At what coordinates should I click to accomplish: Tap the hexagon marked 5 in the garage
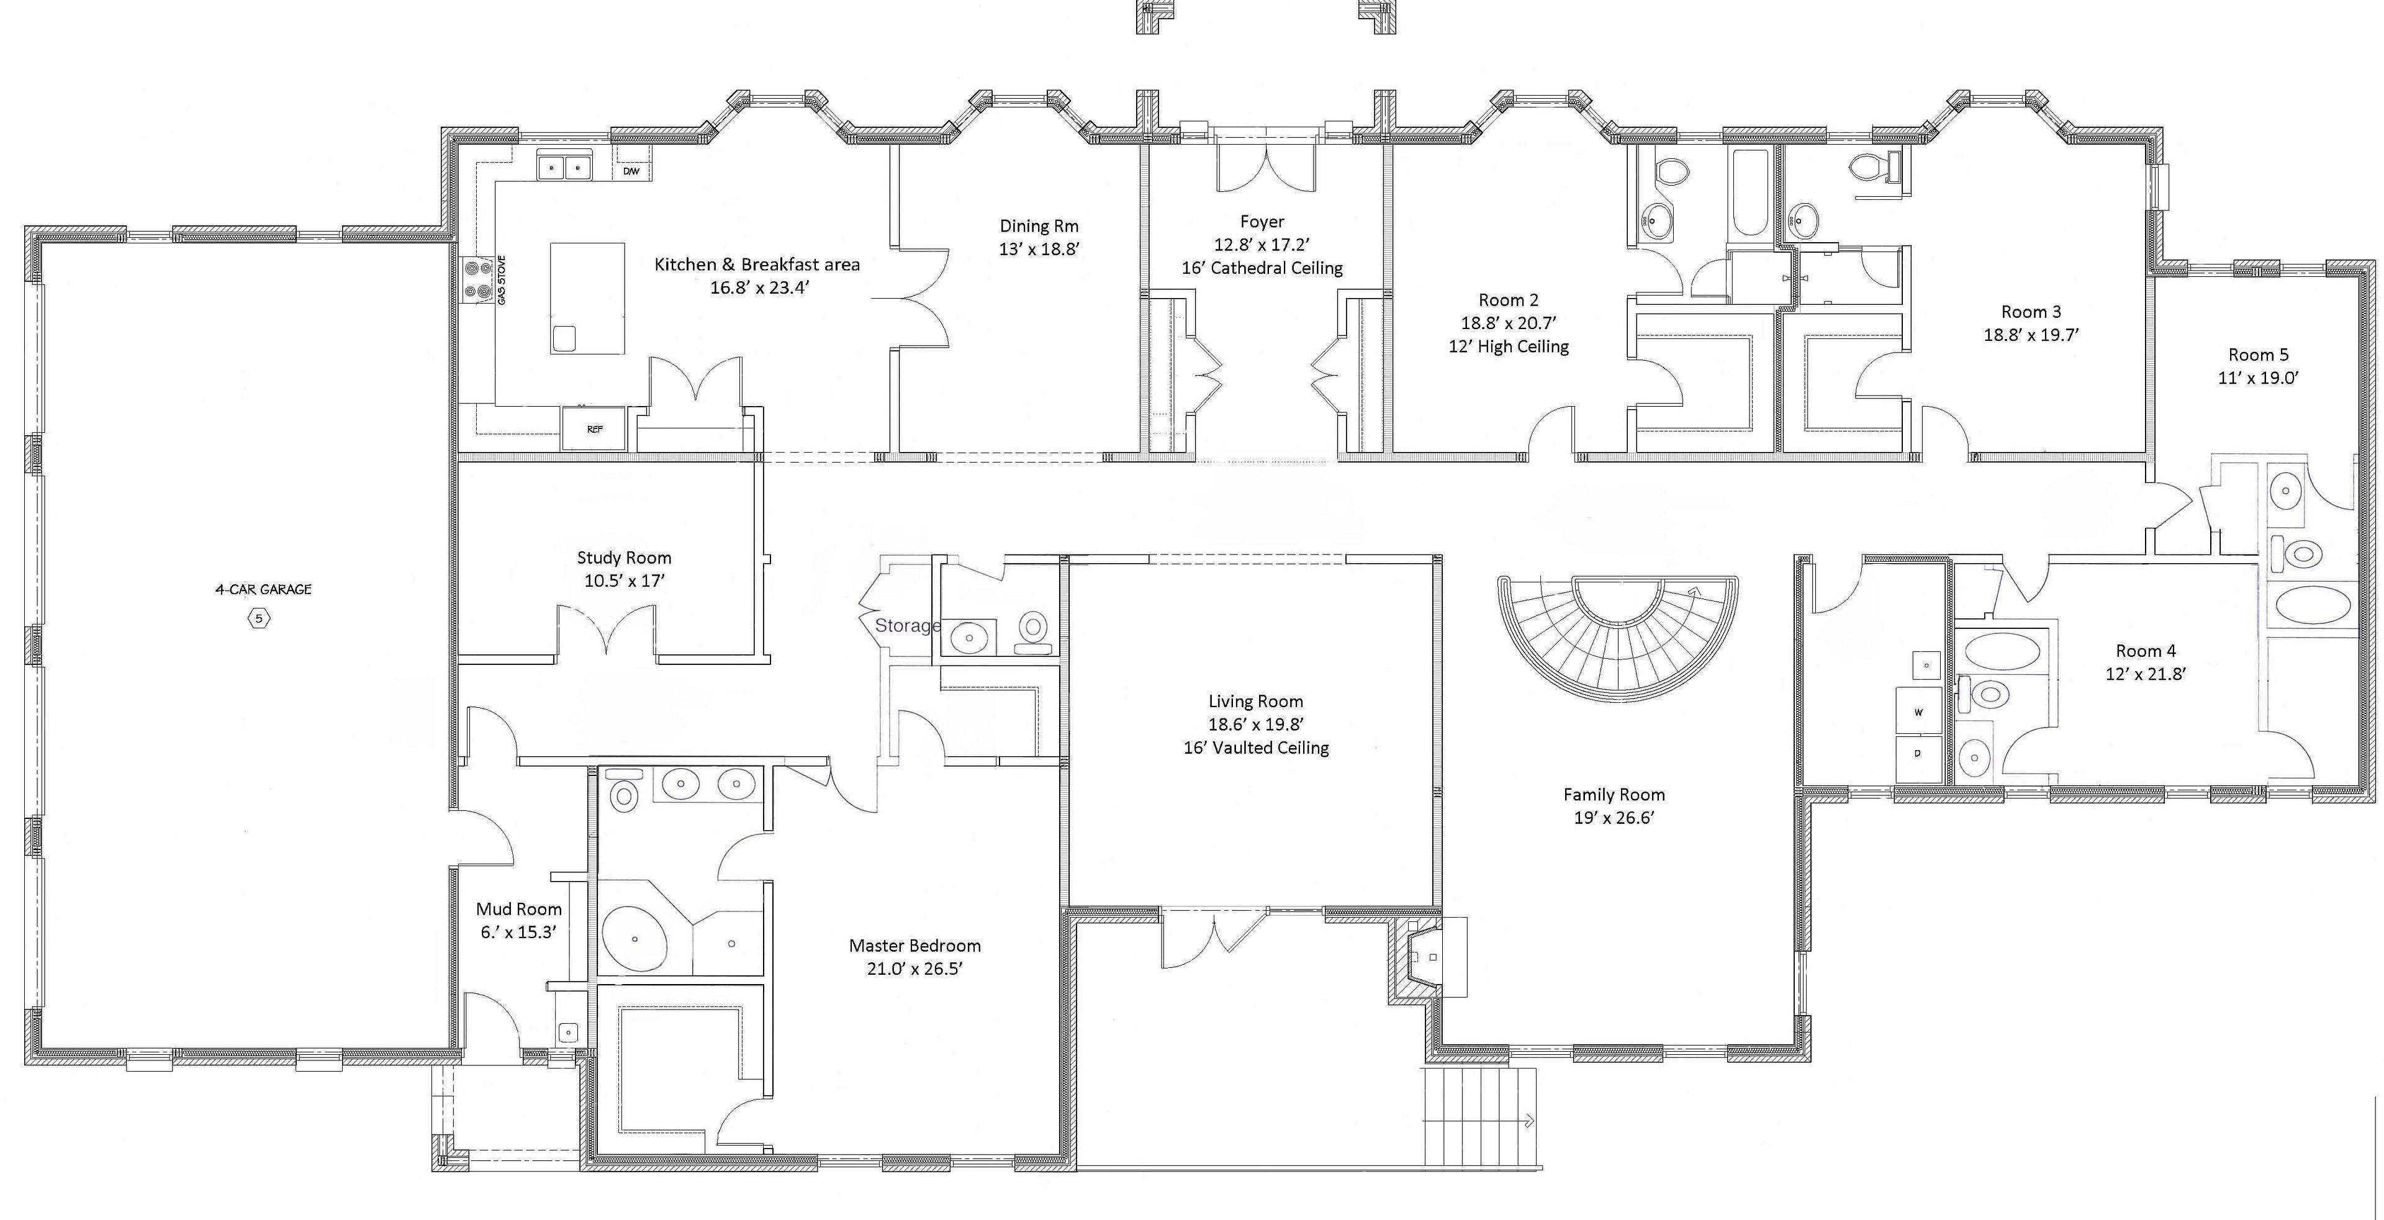point(259,618)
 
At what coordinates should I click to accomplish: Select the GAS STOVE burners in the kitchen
point(479,279)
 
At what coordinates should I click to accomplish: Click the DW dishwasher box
point(631,171)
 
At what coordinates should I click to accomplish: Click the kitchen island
point(588,298)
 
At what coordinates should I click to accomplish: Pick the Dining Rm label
point(1039,226)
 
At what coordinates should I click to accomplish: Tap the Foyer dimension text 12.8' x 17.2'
point(1262,245)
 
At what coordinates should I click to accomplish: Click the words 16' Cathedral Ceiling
point(1262,268)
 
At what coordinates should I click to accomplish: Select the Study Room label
point(624,558)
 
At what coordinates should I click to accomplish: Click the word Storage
point(907,626)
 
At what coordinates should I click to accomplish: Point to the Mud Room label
point(518,909)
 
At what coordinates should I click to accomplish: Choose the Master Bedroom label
point(914,945)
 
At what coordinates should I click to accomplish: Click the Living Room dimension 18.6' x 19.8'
point(1256,725)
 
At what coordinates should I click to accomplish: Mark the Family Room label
point(1614,794)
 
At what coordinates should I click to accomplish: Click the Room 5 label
point(2258,355)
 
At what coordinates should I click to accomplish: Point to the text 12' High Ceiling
point(1509,347)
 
